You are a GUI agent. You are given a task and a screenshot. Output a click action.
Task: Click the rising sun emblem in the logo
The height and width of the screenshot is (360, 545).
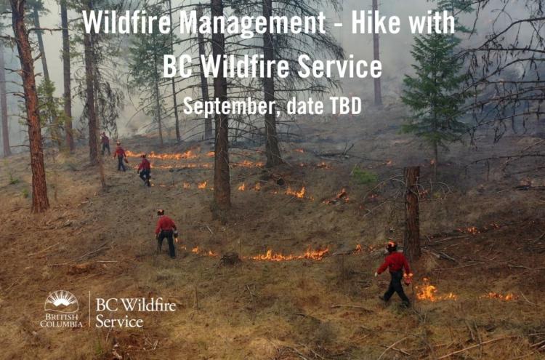click(x=62, y=302)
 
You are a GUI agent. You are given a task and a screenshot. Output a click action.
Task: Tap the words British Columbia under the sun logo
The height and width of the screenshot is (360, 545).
click(x=62, y=320)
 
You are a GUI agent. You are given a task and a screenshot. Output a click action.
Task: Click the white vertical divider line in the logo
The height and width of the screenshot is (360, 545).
click(x=89, y=309)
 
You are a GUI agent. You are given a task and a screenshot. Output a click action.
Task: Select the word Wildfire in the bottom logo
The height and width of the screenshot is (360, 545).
click(x=145, y=305)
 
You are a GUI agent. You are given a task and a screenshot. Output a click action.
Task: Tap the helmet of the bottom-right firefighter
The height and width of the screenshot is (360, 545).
click(x=392, y=245)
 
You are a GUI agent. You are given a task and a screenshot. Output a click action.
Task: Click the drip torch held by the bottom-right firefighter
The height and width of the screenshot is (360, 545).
click(x=408, y=279)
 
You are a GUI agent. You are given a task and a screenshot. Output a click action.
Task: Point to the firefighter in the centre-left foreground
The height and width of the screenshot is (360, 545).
click(x=166, y=233)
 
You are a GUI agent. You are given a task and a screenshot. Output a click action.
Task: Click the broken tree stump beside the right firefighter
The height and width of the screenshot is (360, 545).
click(x=412, y=213)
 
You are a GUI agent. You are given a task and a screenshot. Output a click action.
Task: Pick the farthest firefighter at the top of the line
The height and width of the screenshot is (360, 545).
click(x=105, y=143)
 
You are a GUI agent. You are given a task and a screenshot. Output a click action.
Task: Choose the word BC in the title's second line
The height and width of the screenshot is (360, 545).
click(x=177, y=66)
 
